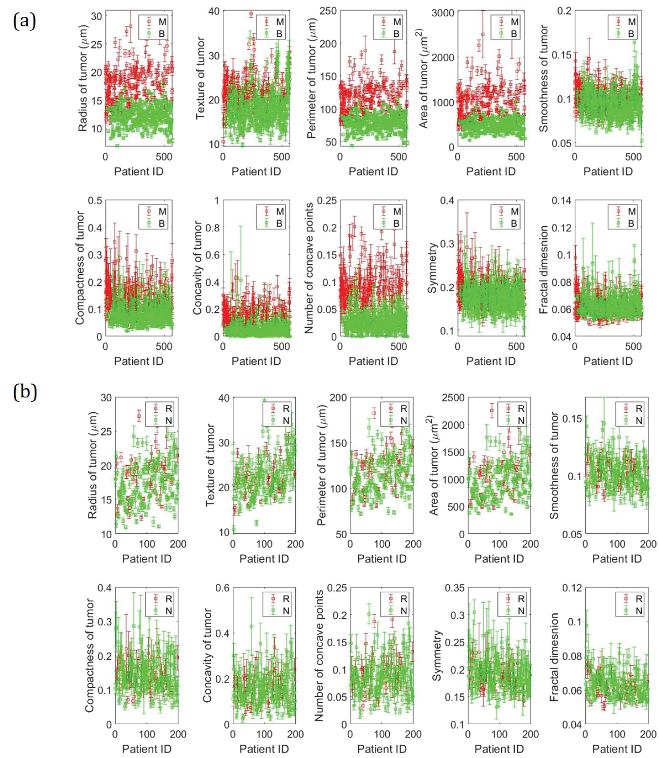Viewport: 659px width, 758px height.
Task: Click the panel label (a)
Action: point(25,21)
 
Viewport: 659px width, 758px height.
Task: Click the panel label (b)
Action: point(25,391)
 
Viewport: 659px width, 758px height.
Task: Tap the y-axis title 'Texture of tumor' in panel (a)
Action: point(200,78)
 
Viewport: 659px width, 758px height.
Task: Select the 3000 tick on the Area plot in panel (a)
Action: point(442,13)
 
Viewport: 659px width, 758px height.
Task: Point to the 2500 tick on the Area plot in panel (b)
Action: point(453,398)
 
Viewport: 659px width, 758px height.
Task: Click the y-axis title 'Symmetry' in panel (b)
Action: point(436,656)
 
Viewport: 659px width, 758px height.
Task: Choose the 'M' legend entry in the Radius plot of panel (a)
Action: point(162,22)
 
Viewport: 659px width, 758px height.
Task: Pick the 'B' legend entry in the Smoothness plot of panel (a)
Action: point(631,33)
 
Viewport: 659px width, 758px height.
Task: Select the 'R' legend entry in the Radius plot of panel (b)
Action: point(169,408)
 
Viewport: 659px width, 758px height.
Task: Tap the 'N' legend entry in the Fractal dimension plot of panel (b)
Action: point(639,611)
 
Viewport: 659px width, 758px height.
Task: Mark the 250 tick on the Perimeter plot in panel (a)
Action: point(328,11)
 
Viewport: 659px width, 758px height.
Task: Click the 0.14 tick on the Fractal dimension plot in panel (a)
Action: point(561,200)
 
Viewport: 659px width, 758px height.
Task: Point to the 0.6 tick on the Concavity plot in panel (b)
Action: point(222,588)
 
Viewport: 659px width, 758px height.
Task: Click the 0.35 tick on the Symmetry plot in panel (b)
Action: point(455,588)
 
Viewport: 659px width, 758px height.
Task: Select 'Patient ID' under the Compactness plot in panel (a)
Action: point(138,361)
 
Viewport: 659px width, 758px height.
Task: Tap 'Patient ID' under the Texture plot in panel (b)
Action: point(264,558)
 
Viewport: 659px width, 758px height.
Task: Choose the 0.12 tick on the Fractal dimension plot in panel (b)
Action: point(572,588)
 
